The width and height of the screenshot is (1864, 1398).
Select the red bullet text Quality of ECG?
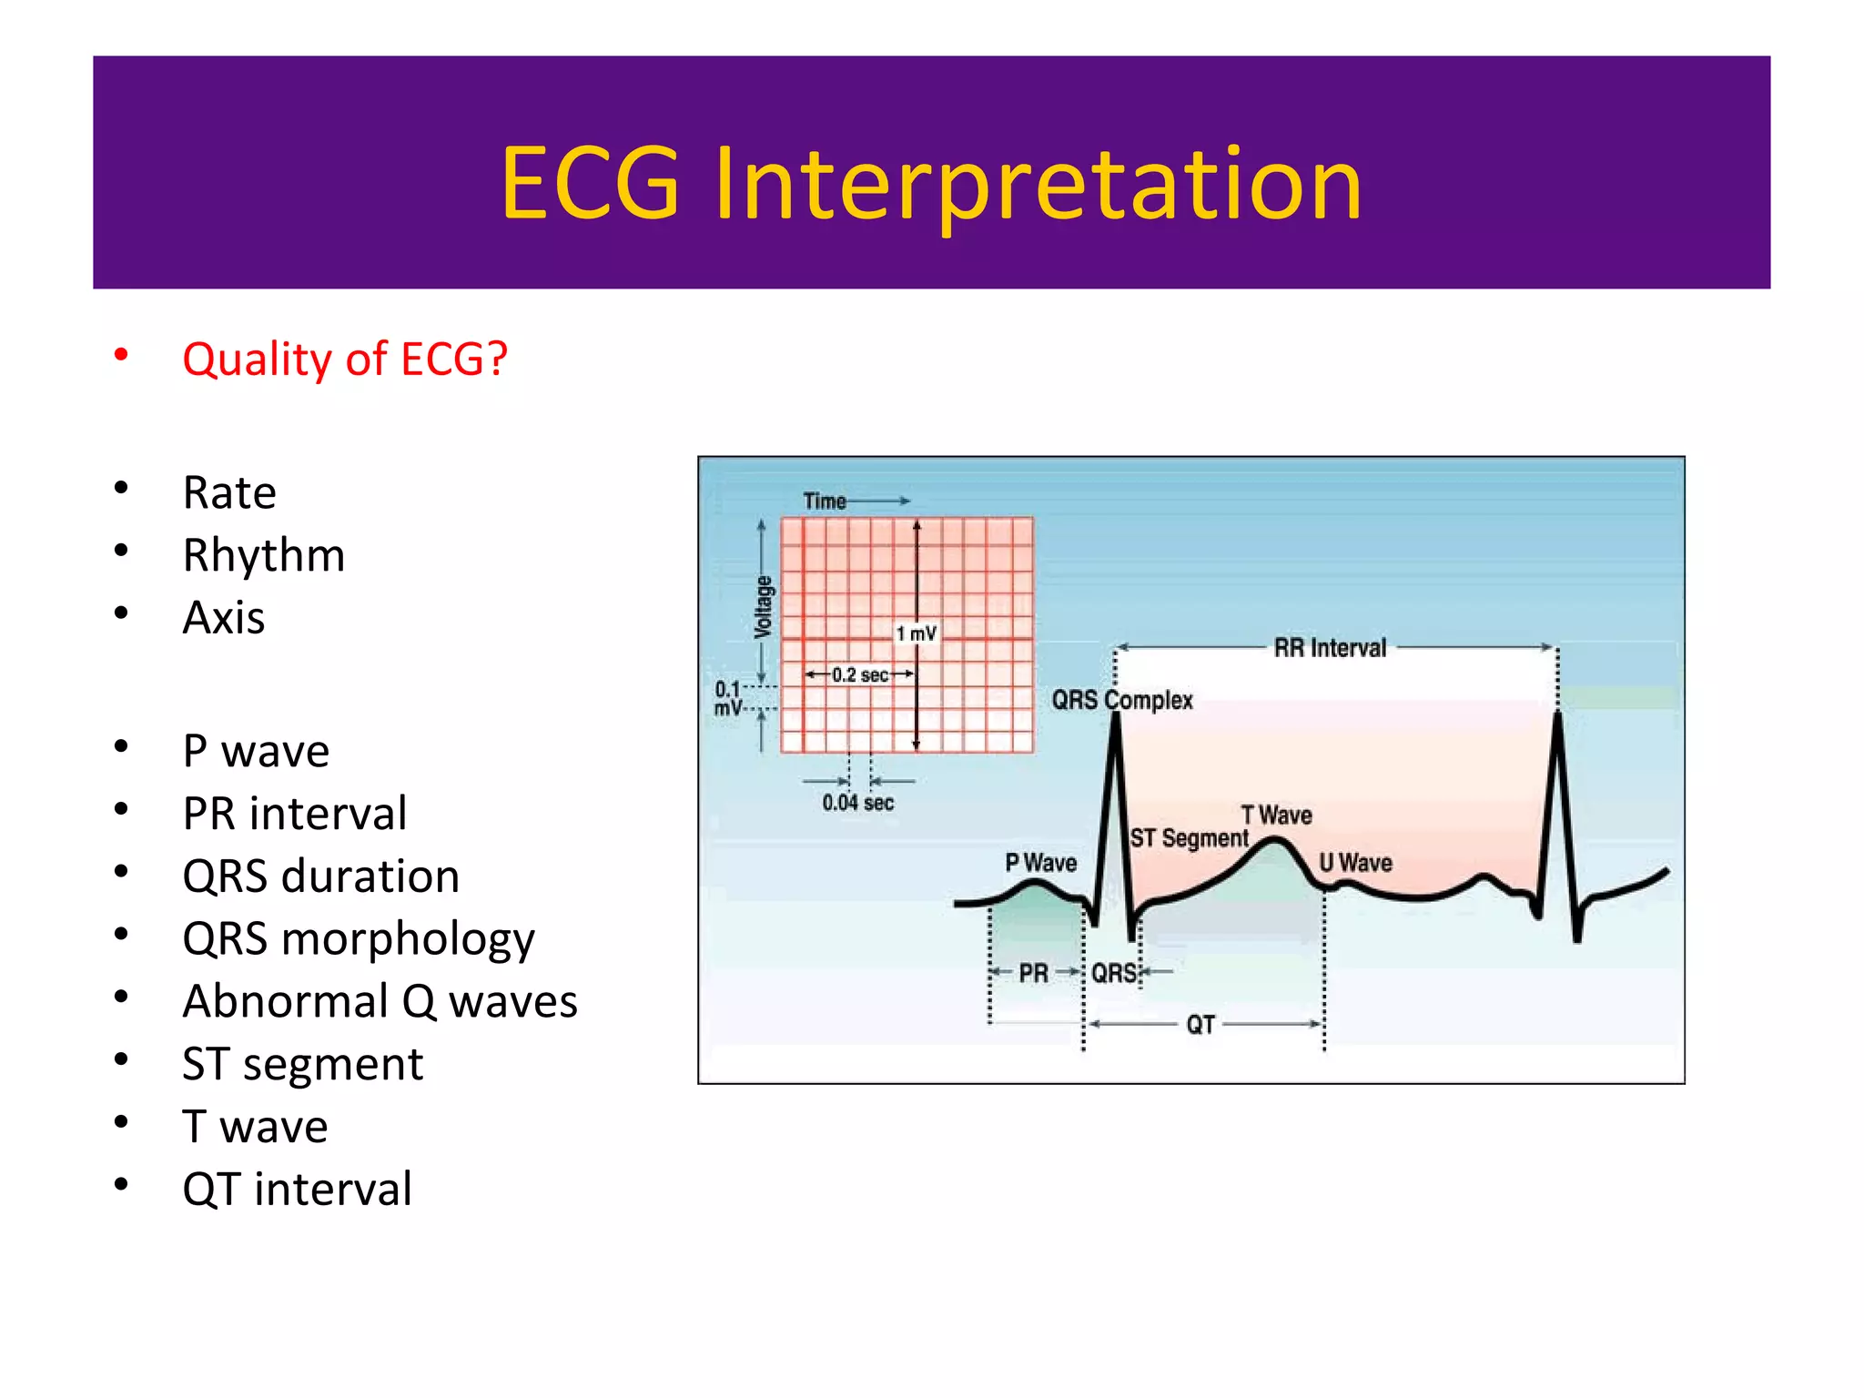[344, 359]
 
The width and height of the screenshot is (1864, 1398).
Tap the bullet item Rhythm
[263, 555]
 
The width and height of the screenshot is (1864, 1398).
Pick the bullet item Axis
[223, 618]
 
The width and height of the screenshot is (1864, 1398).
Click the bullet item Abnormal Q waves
[380, 1001]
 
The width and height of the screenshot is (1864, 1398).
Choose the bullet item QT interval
[297, 1190]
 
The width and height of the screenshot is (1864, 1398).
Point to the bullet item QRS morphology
[358, 938]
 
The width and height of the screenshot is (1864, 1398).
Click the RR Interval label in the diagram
[1330, 648]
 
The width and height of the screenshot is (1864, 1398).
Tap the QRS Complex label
[1121, 700]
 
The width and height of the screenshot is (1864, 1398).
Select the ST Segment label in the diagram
[1189, 837]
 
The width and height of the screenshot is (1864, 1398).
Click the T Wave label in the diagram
[1276, 815]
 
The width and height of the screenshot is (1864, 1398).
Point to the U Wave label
[1355, 862]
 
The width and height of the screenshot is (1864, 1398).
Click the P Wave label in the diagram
[1040, 862]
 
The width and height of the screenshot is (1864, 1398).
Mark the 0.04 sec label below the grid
[857, 803]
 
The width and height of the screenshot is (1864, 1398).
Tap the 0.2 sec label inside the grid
[859, 674]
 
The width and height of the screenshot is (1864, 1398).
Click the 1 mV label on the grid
[916, 633]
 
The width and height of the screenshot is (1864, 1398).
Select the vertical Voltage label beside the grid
[764, 607]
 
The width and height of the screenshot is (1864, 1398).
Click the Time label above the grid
[824, 501]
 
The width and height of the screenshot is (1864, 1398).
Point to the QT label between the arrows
[1200, 1025]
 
